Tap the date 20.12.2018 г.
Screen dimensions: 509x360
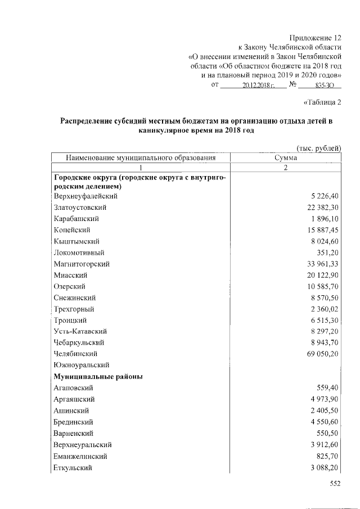point(258,85)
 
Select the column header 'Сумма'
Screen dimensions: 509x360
point(286,158)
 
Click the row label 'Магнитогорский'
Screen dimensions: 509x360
point(82,264)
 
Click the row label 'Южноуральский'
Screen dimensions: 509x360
point(80,365)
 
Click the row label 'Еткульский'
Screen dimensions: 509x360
point(73,467)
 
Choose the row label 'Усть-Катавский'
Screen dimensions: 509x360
point(80,331)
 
